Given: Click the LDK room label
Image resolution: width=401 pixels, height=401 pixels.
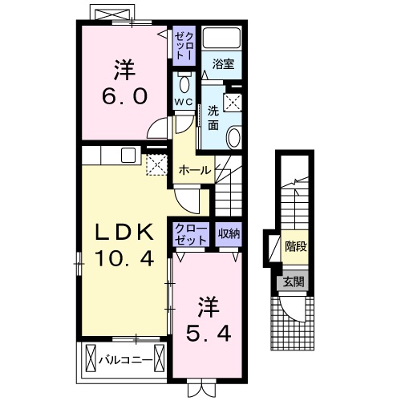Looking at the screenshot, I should [124, 232].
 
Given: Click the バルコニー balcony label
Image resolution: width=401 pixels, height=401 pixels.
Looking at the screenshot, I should [125, 358].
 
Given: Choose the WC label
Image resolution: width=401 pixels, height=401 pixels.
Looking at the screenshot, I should [184, 102].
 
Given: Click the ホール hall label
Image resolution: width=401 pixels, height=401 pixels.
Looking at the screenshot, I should [195, 170].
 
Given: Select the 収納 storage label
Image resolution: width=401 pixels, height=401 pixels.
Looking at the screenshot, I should [229, 233].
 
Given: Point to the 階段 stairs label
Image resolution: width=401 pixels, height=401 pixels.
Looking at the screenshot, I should [295, 246].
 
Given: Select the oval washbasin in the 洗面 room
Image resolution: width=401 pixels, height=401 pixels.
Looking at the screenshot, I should [233, 138].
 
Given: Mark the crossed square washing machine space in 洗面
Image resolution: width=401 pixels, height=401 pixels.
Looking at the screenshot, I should [233, 102].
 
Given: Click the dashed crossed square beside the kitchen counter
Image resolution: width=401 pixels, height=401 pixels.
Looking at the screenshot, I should [155, 164].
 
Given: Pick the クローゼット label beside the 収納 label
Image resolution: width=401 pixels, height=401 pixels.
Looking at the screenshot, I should [191, 233].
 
